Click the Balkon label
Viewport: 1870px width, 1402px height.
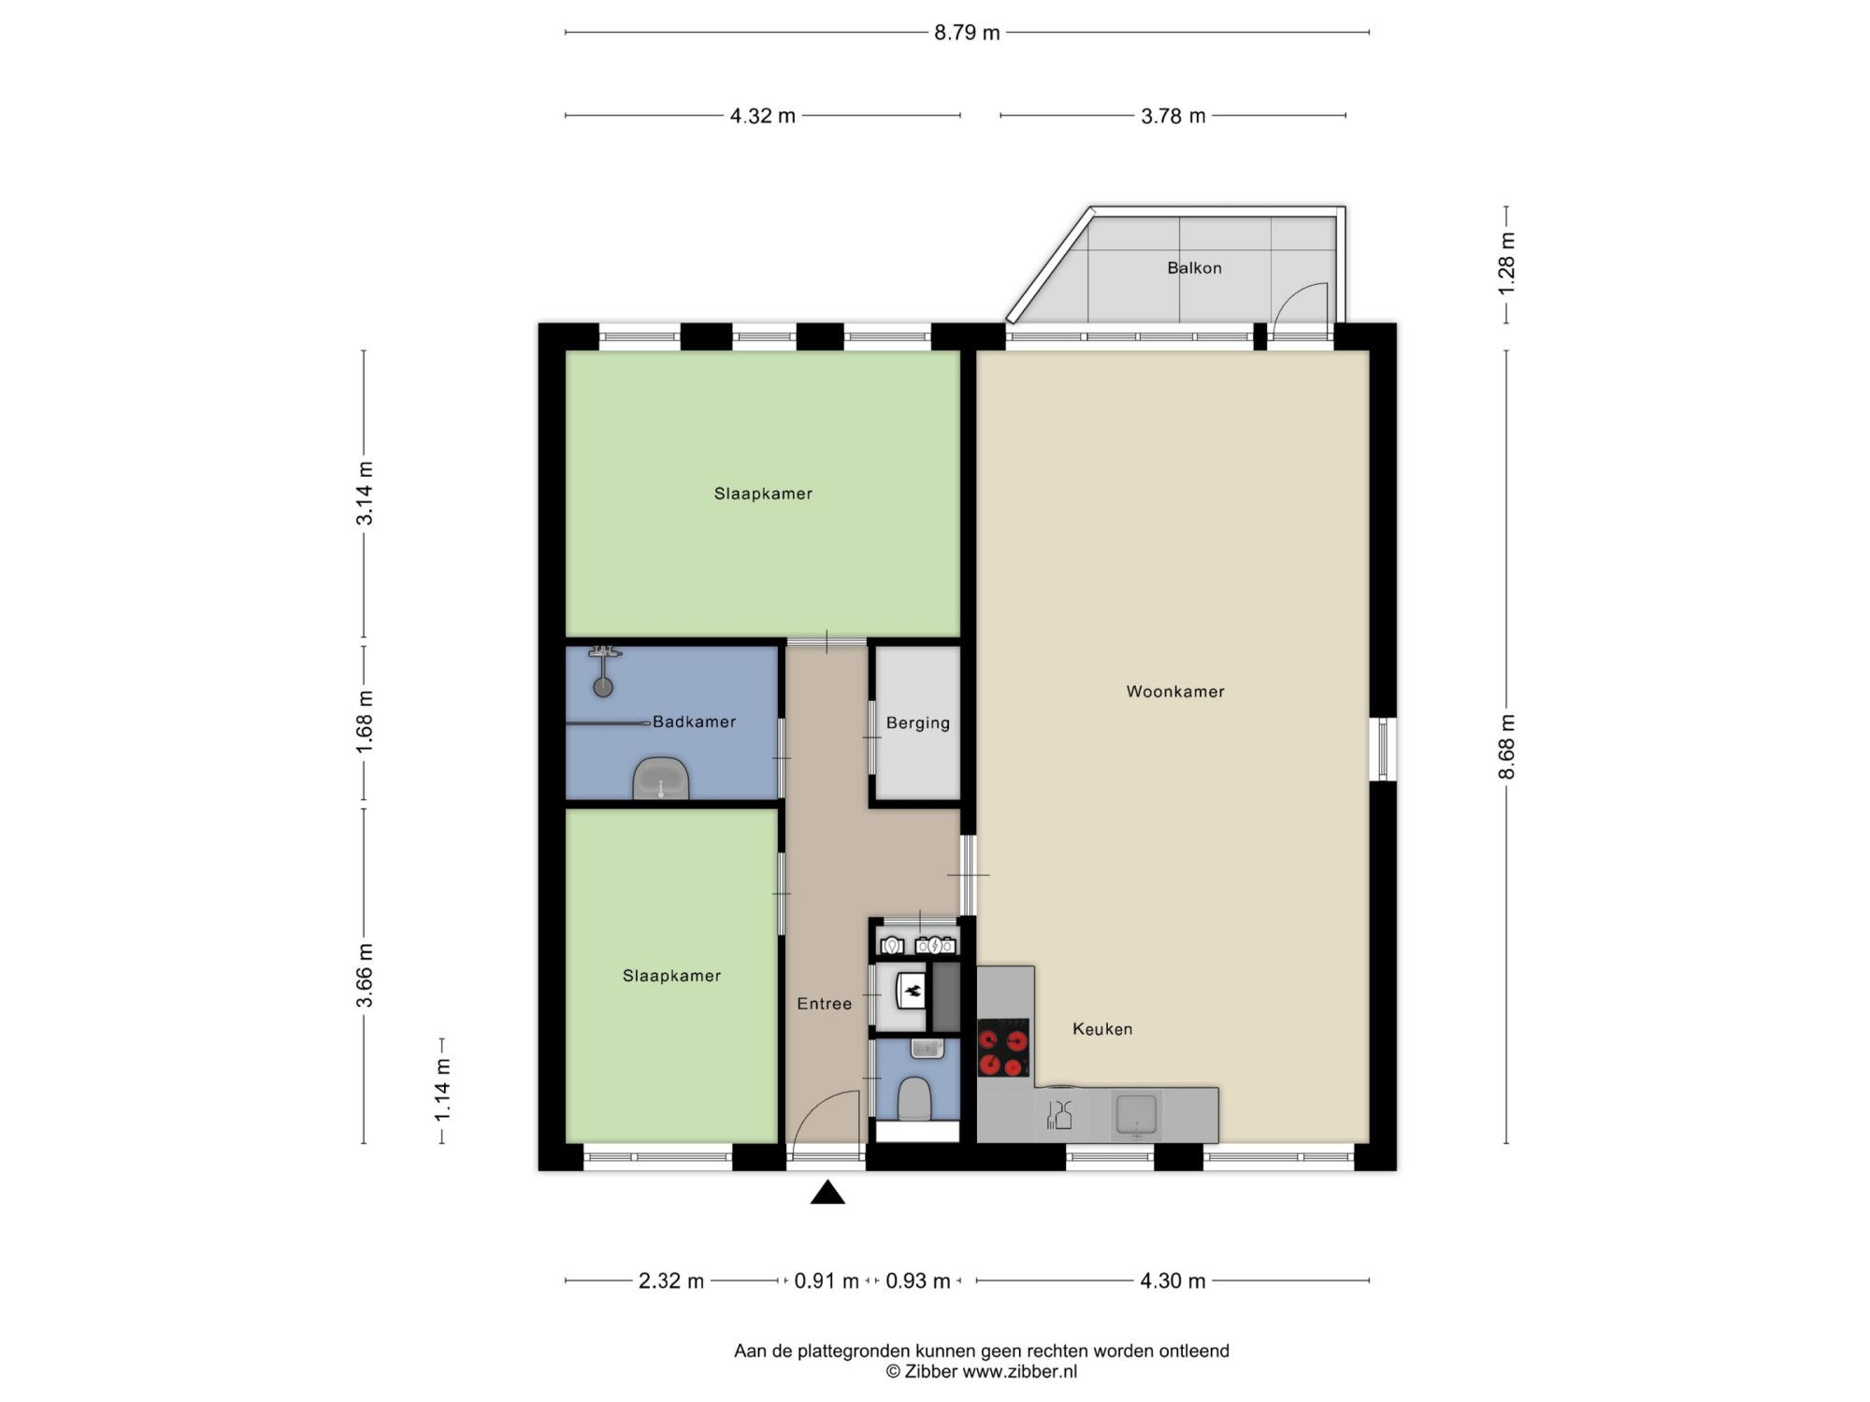click(1194, 268)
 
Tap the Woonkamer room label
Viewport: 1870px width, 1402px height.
click(1175, 692)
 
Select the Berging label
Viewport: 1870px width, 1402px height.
click(918, 723)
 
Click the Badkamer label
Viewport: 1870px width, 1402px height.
click(694, 722)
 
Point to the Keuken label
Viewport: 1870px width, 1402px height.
click(1102, 1029)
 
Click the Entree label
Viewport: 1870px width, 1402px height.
click(824, 1004)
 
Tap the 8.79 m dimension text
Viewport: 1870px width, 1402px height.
click(967, 33)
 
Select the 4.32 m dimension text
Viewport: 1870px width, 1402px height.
click(762, 116)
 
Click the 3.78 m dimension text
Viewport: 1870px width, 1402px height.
click(1172, 116)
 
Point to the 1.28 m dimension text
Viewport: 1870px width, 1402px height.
click(1506, 264)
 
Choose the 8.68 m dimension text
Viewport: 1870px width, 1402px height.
click(1506, 747)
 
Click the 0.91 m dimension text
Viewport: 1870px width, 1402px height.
click(827, 1280)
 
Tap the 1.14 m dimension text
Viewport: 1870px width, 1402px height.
click(442, 1091)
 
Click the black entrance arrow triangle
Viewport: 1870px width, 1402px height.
click(827, 1193)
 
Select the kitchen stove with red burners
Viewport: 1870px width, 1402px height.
click(1003, 1048)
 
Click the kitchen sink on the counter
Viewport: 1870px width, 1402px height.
click(1136, 1114)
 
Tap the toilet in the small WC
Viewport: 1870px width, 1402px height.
click(913, 1099)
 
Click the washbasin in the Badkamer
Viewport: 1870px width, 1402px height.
click(661, 779)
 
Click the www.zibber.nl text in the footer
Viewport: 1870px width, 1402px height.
click(1020, 1372)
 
